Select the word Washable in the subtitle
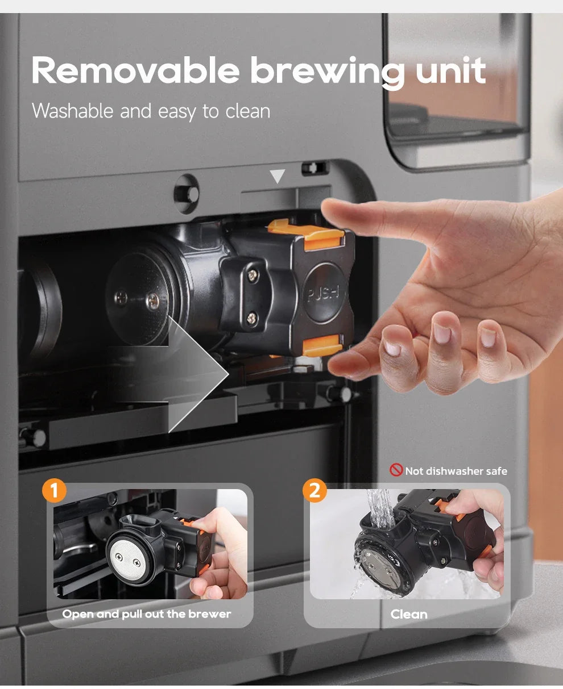[72, 111]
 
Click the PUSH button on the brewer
[322, 293]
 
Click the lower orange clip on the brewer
[321, 345]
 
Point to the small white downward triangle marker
[277, 177]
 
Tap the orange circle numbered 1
[54, 491]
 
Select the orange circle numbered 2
[314, 491]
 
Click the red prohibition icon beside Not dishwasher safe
[396, 470]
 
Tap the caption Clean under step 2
[408, 614]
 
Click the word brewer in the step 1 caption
[210, 614]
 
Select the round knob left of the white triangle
[187, 194]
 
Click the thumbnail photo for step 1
[150, 544]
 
